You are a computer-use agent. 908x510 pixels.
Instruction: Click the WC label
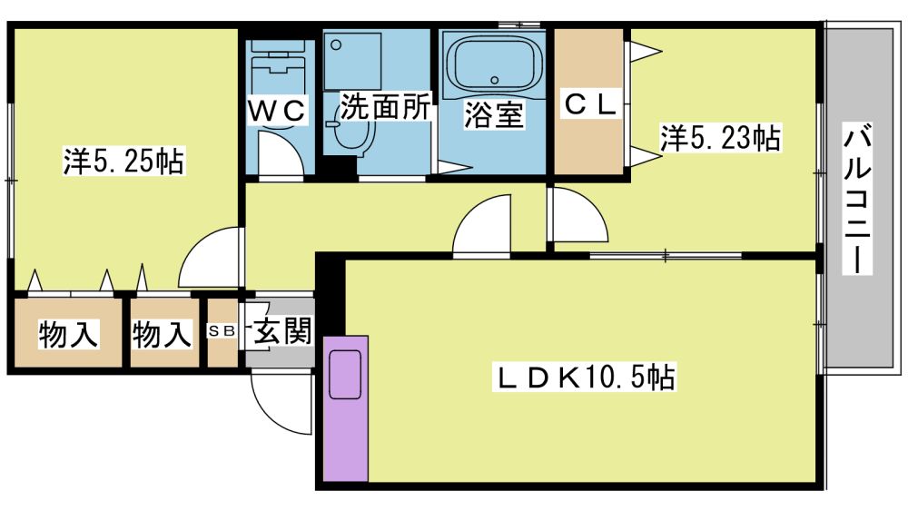(x=277, y=110)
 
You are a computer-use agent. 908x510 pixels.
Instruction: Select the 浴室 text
(x=494, y=114)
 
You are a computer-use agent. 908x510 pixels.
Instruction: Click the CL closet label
(x=589, y=104)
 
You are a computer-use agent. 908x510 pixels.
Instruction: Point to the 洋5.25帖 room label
(x=123, y=161)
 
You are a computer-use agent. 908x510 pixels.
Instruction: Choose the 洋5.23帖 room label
(x=720, y=137)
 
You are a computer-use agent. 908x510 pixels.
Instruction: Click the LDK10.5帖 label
(x=584, y=377)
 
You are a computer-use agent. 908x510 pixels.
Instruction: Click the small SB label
(x=222, y=330)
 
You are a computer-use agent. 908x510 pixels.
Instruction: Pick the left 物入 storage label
(x=68, y=334)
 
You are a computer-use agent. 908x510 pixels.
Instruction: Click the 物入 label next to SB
(x=162, y=334)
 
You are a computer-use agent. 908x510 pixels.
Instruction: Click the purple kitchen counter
(x=346, y=408)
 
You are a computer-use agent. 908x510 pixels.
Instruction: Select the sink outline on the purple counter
(x=345, y=375)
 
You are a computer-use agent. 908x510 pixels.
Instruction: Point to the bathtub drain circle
(x=495, y=80)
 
